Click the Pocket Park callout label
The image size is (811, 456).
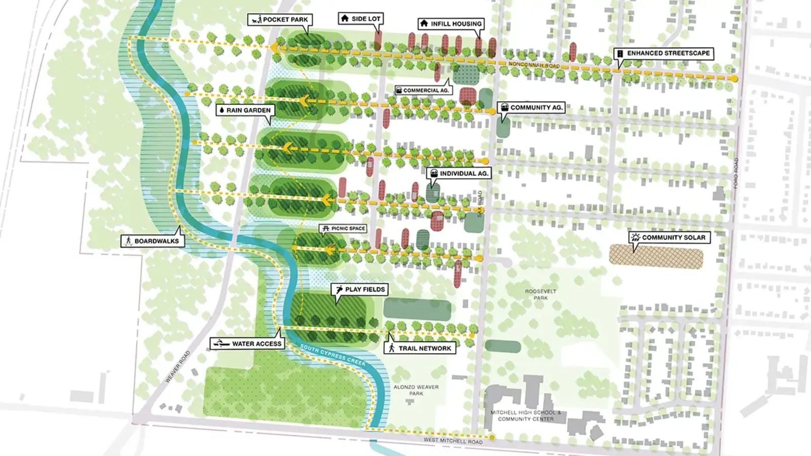[280, 20]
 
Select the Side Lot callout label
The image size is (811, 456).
[360, 19]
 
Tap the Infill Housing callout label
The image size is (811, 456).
[451, 24]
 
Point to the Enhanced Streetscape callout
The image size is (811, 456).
[663, 53]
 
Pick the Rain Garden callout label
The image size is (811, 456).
[245, 110]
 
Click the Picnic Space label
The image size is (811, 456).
[343, 229]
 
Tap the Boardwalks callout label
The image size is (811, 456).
[152, 241]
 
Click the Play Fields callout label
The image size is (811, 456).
[359, 289]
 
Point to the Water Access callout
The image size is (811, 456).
[247, 344]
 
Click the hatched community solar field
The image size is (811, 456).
[656, 256]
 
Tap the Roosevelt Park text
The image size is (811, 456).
[540, 294]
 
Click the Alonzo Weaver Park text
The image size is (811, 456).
[416, 390]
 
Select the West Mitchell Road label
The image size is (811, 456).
[453, 441]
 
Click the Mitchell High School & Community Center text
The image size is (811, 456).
[526, 415]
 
